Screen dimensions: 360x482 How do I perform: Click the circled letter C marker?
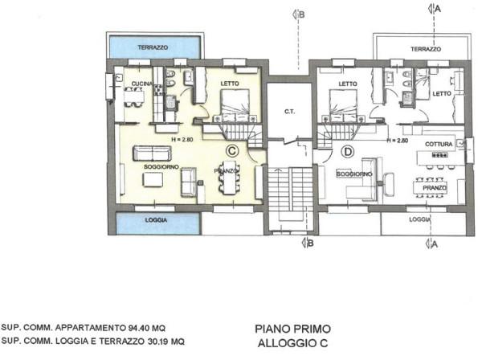click(x=231, y=149)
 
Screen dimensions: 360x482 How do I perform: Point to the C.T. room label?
click(x=291, y=112)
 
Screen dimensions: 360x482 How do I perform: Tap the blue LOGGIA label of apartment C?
click(x=145, y=219)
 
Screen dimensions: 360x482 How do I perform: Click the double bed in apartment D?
click(x=344, y=104)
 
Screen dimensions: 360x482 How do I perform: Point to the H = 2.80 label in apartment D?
click(x=398, y=140)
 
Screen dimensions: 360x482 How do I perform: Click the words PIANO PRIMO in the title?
click(x=292, y=329)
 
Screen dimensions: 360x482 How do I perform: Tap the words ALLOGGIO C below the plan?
click(x=292, y=343)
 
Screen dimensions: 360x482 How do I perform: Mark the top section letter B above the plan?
click(x=300, y=14)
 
